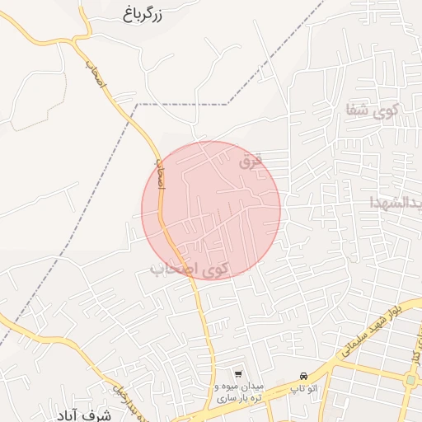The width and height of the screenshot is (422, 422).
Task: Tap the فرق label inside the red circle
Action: pos(250,162)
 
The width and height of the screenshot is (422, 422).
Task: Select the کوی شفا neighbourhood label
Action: pos(374,110)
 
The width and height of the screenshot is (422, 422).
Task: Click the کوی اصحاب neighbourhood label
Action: pos(190,269)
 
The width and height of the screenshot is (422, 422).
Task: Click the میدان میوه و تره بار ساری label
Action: pos(238,392)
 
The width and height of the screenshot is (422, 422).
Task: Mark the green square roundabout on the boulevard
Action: pos(410,380)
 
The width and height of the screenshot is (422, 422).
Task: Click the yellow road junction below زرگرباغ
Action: pos(80,38)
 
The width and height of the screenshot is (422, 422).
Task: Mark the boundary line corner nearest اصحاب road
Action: pos(138,105)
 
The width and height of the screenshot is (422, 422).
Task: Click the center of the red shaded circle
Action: pos(211,210)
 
